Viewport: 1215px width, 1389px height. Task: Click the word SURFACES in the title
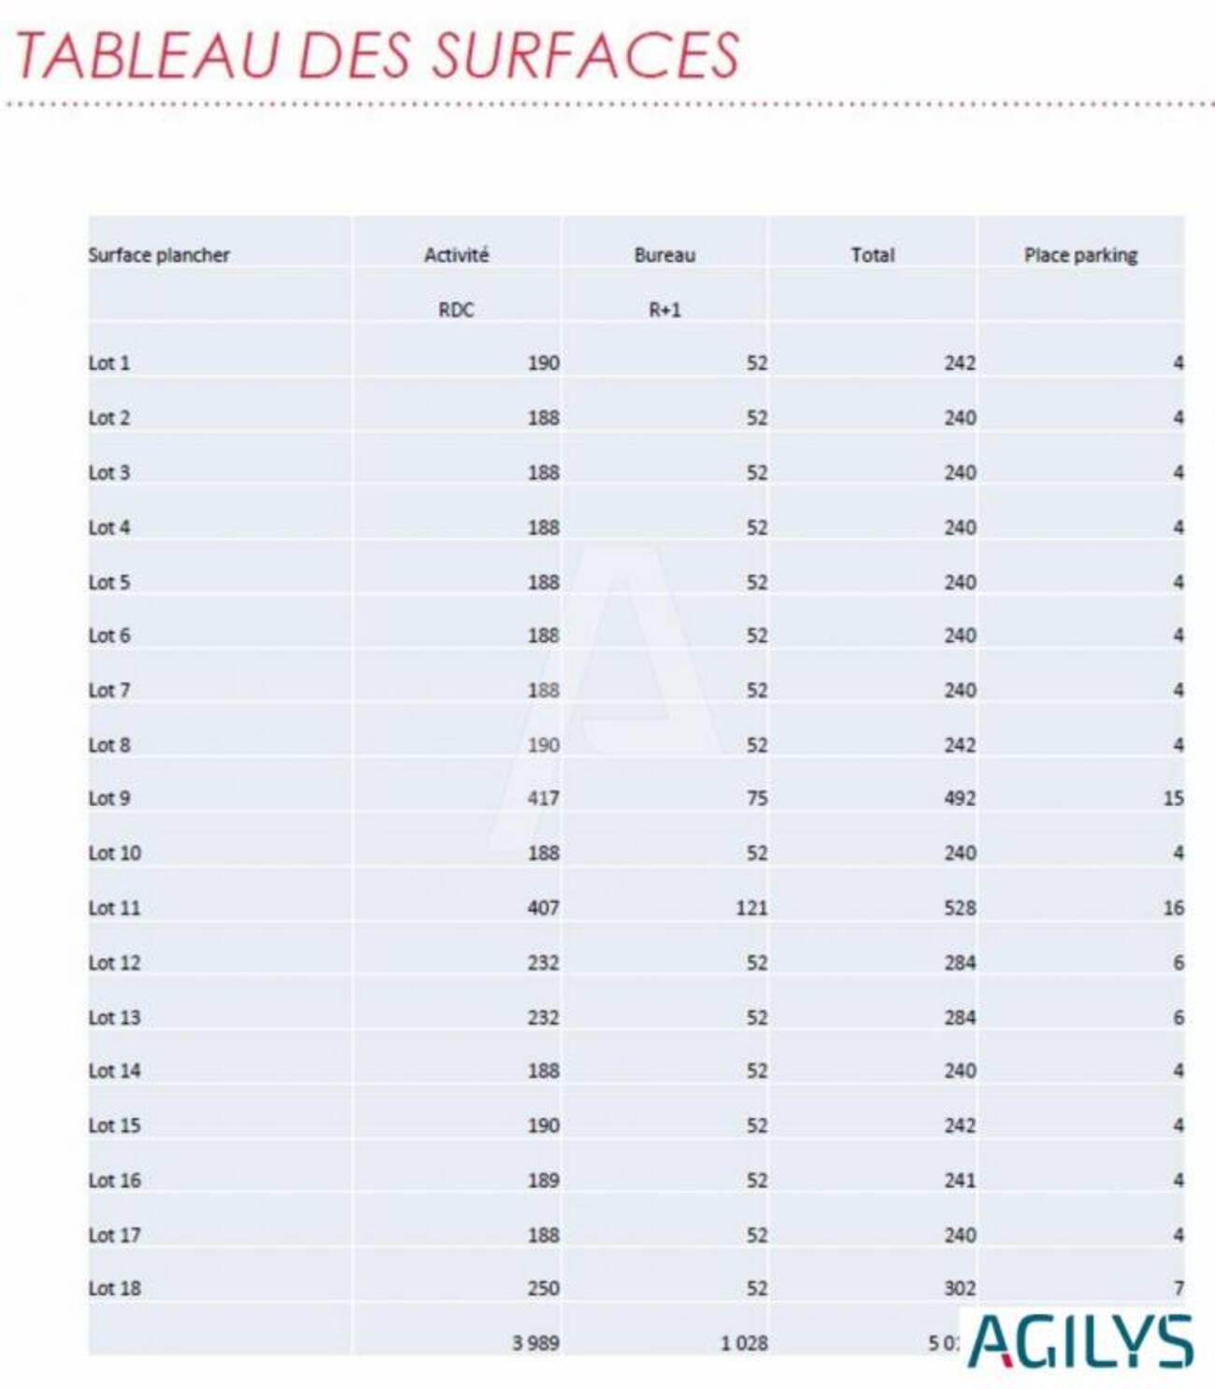click(584, 54)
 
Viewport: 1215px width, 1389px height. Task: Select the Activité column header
click(456, 255)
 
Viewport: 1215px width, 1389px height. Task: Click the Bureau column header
click(665, 255)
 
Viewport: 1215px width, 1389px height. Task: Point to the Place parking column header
click(1080, 255)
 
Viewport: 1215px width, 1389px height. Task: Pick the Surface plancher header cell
click(159, 255)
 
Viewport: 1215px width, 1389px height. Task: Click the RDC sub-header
click(456, 310)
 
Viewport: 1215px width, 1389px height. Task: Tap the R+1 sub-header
click(665, 310)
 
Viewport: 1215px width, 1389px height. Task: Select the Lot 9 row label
click(109, 799)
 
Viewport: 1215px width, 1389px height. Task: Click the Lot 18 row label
click(114, 1289)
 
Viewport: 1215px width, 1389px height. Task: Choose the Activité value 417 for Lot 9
click(543, 799)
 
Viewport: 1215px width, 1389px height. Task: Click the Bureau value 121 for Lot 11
click(751, 908)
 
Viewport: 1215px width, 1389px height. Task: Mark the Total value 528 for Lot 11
click(960, 908)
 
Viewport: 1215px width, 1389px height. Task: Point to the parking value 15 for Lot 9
click(1173, 799)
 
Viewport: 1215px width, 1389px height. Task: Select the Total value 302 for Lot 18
click(960, 1289)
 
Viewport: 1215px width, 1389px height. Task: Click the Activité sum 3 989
click(536, 1343)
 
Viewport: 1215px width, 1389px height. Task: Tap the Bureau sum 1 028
click(744, 1343)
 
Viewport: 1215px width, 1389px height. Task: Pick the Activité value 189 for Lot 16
click(543, 1181)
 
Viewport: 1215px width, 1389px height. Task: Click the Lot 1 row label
click(109, 364)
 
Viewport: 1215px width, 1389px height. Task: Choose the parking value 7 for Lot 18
click(1179, 1289)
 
